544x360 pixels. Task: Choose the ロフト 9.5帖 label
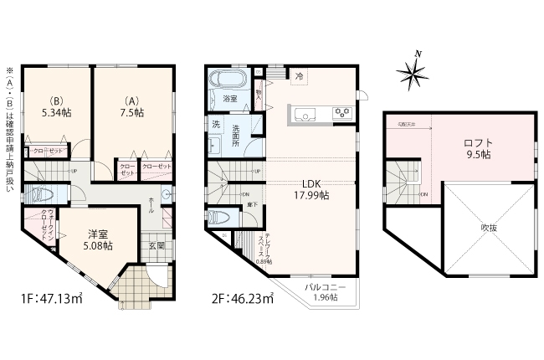tap(478, 148)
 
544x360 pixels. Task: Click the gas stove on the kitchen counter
tap(341, 112)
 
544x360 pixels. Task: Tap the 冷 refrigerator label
tap(299, 76)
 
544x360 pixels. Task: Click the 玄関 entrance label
tap(157, 246)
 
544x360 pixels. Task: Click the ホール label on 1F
tap(151, 203)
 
